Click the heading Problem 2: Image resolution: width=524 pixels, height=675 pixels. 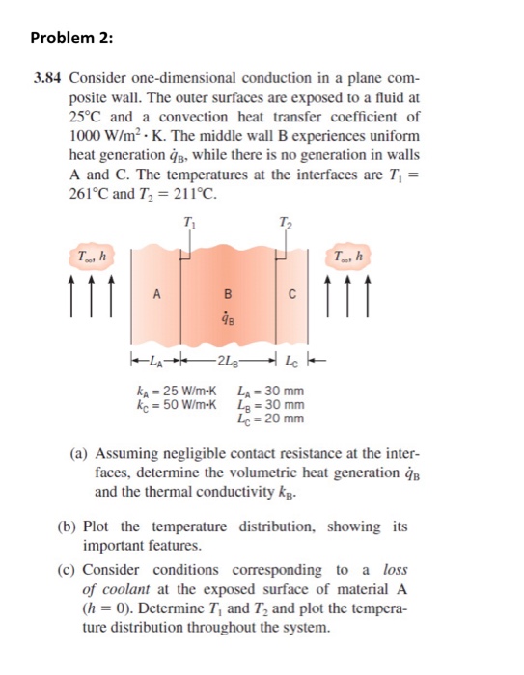click(x=71, y=38)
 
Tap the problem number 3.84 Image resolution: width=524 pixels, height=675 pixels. click(x=43, y=76)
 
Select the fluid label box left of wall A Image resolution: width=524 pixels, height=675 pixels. click(x=92, y=256)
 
